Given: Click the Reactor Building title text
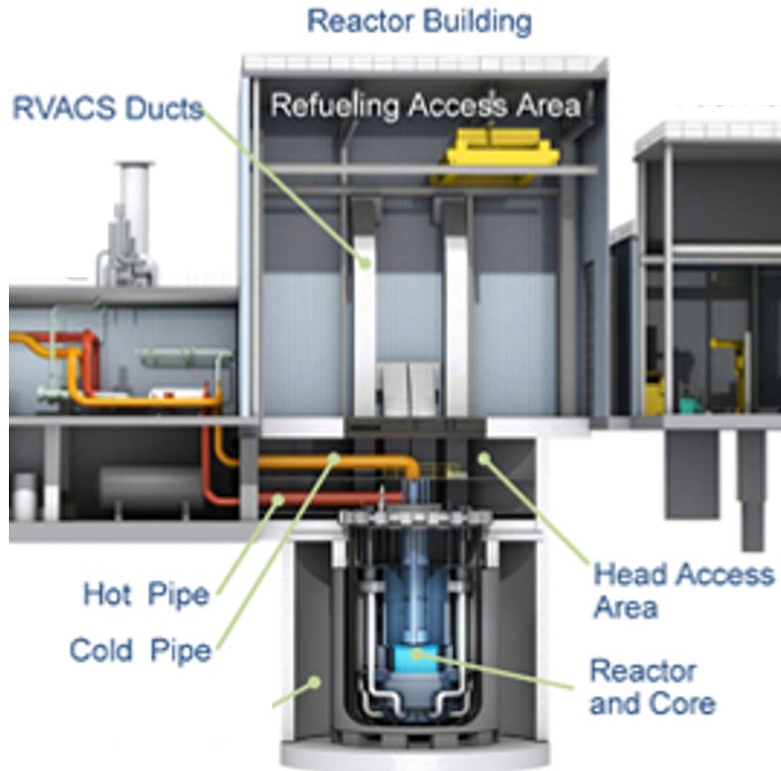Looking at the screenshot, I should tap(418, 21).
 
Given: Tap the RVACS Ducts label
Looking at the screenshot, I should tap(106, 107).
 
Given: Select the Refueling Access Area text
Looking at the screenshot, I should tap(425, 105).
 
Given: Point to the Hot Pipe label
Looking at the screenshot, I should tap(146, 595).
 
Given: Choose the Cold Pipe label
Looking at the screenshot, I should tap(140, 651).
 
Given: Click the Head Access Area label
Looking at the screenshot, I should tap(684, 588).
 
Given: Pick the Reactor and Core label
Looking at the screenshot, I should tap(652, 687).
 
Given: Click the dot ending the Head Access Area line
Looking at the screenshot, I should tap(485, 458).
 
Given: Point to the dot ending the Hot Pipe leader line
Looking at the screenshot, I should tap(335, 460).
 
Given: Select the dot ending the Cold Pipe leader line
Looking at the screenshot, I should tap(280, 499).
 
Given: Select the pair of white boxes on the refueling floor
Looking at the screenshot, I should tap(409, 387).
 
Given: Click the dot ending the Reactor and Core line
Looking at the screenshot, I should tap(417, 655).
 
